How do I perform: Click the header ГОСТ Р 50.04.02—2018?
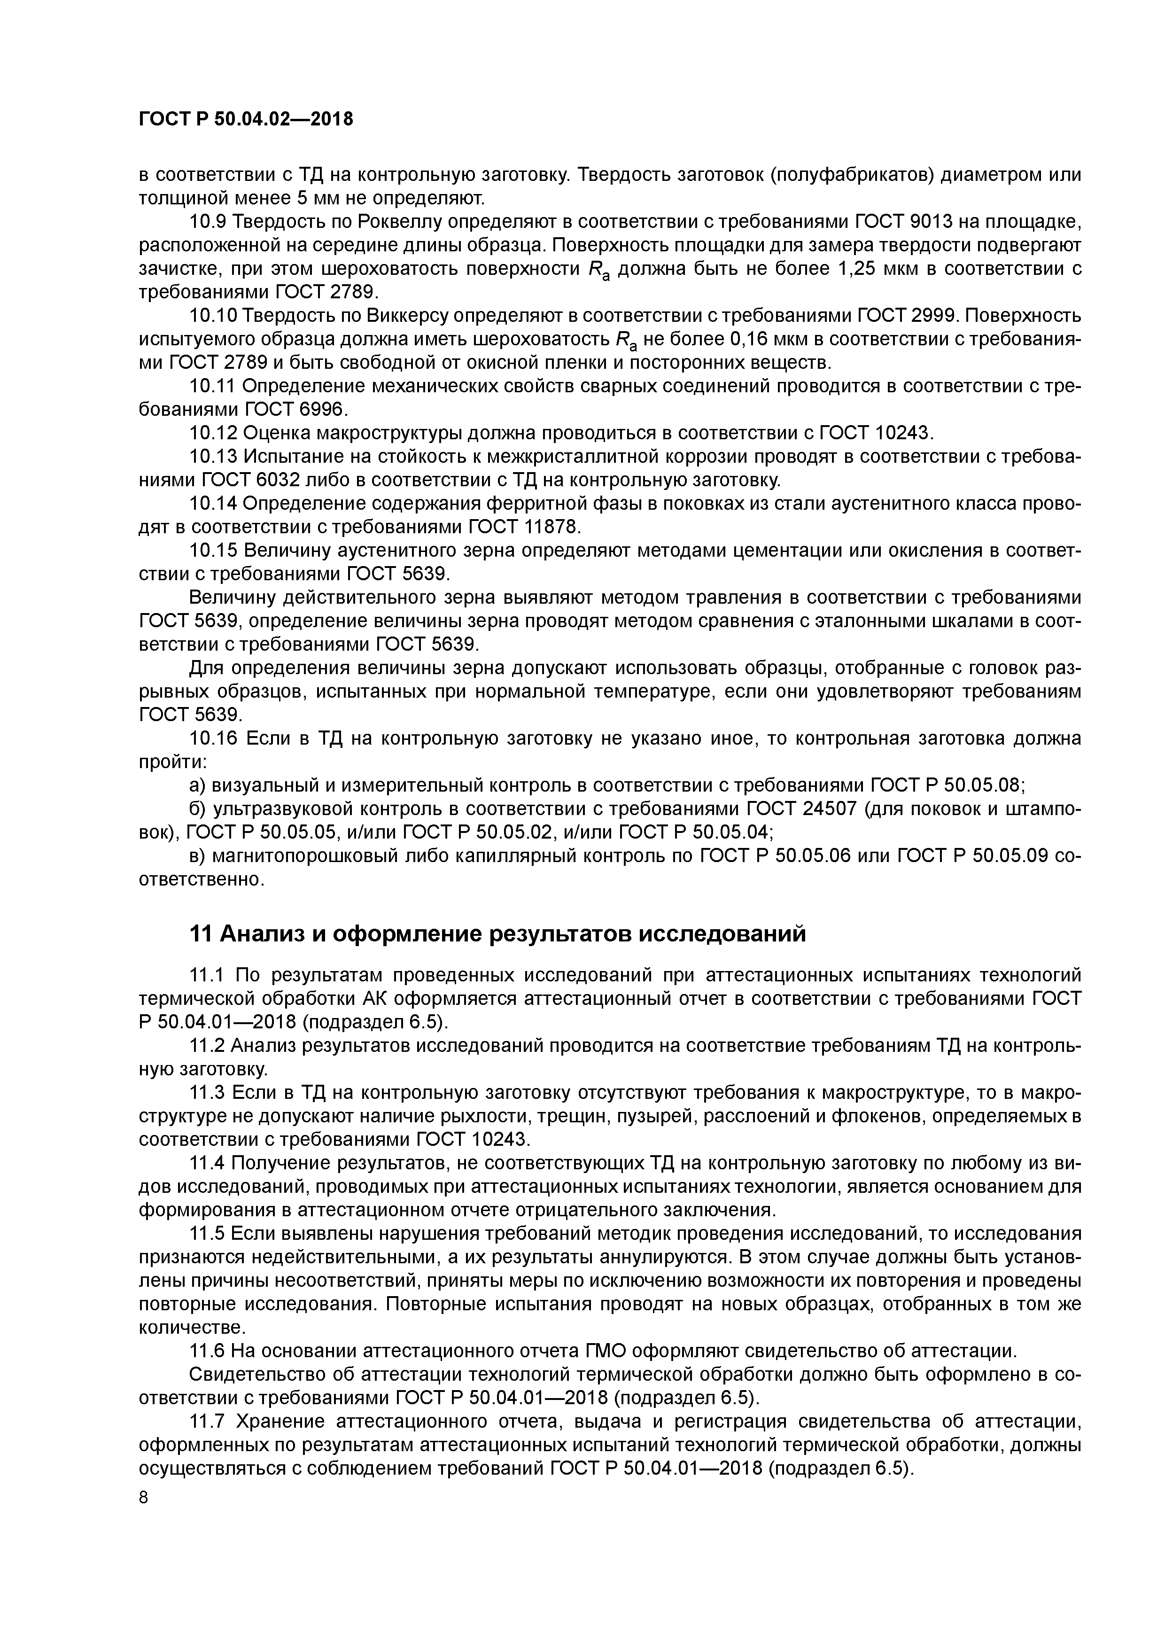pyautogui.click(x=246, y=119)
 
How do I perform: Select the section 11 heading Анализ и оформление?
pyautogui.click(x=497, y=934)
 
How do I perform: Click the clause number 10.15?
pyautogui.click(x=213, y=551)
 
